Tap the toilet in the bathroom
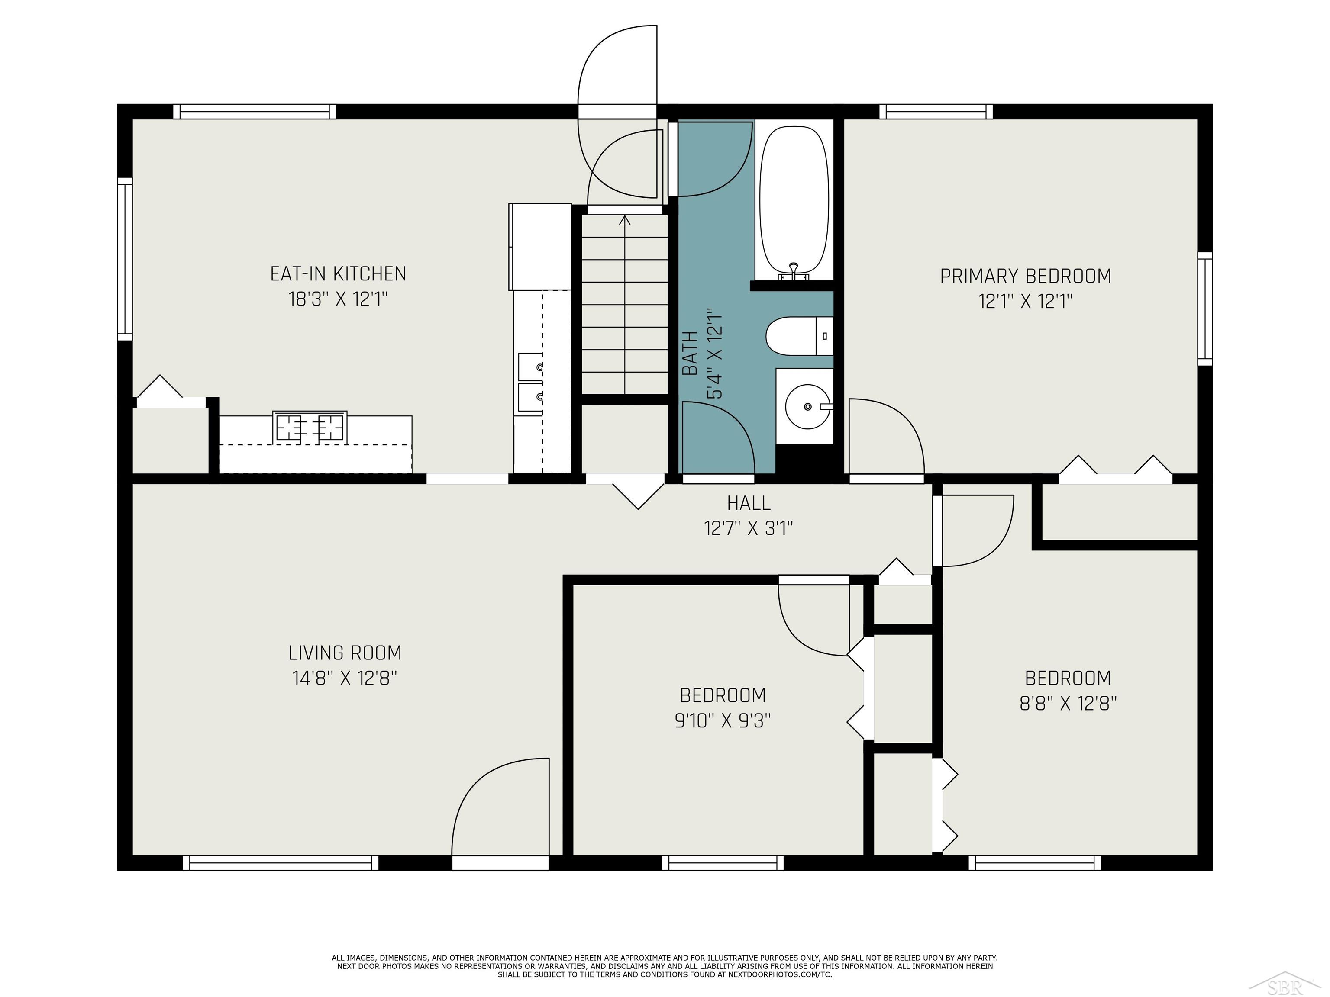click(799, 335)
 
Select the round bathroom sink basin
click(807, 407)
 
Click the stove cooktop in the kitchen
click(310, 427)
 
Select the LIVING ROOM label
click(345, 653)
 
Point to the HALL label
click(749, 502)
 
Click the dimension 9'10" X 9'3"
click(723, 720)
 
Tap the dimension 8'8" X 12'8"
click(1068, 703)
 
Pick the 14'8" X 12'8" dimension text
click(345, 679)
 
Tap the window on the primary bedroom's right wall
click(1205, 309)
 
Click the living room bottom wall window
click(281, 863)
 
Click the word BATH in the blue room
click(690, 354)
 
